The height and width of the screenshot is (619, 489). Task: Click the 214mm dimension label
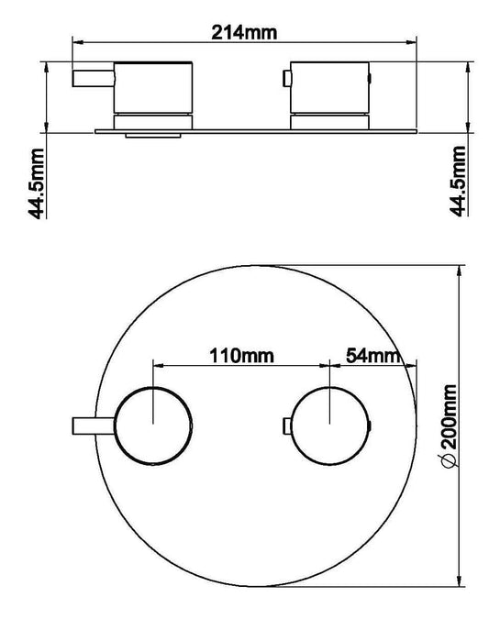[244, 32]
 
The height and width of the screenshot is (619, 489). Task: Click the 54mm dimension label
[372, 354]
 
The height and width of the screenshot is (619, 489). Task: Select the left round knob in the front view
[154, 425]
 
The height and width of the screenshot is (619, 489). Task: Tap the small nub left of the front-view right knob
[287, 425]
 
